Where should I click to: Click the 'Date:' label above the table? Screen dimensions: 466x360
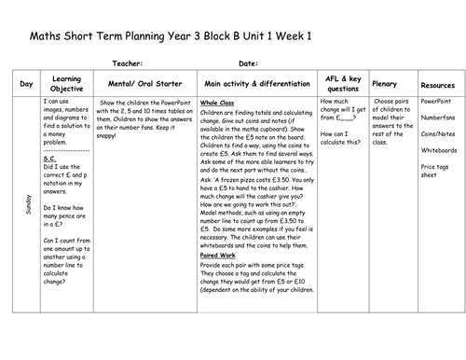click(x=249, y=64)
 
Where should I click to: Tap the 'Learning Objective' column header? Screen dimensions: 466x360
click(x=65, y=84)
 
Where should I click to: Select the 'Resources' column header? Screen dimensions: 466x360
click(x=437, y=84)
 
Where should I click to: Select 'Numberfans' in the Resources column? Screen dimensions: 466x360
click(x=438, y=118)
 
